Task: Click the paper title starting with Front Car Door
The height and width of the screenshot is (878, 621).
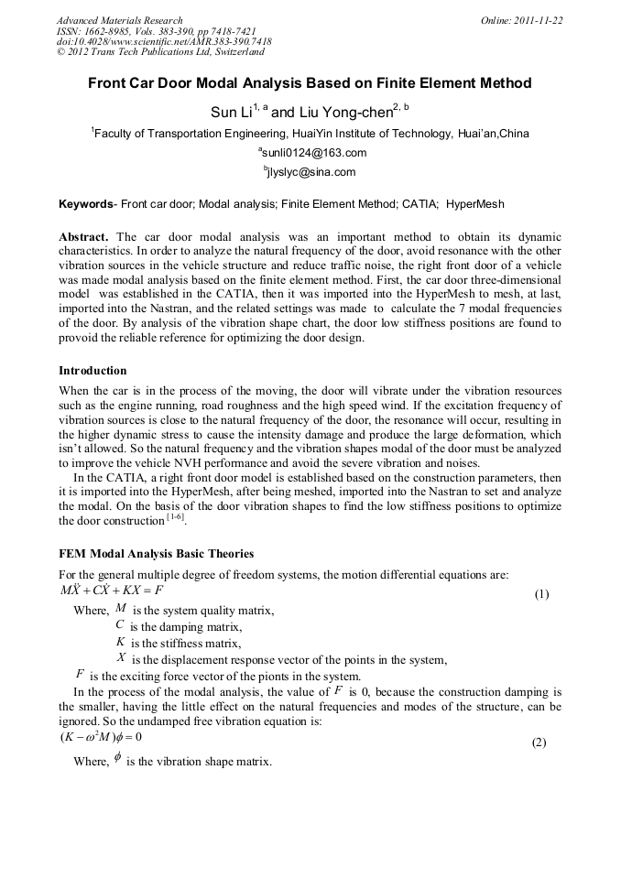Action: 310,83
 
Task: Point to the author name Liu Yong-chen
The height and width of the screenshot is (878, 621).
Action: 344,112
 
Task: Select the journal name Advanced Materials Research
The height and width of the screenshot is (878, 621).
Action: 119,20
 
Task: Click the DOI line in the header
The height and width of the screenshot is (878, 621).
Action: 164,42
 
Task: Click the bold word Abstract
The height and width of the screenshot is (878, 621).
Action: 84,236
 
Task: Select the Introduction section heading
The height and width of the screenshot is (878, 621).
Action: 93,371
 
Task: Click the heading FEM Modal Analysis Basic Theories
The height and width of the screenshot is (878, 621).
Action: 156,554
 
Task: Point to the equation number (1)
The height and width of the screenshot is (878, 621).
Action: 541,594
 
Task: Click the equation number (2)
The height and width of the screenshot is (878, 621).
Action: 539,743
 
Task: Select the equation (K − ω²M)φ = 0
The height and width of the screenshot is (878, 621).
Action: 101,737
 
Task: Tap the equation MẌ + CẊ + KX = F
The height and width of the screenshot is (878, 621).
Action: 111,591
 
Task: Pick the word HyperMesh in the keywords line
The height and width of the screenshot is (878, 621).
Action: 475,203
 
